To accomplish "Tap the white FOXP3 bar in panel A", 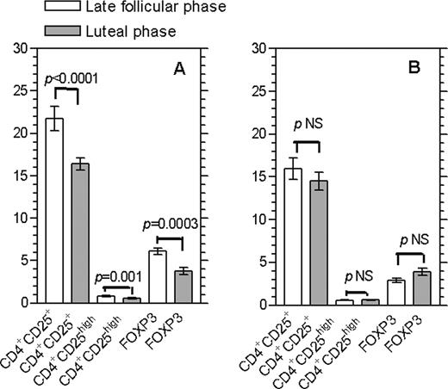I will (157, 277).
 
